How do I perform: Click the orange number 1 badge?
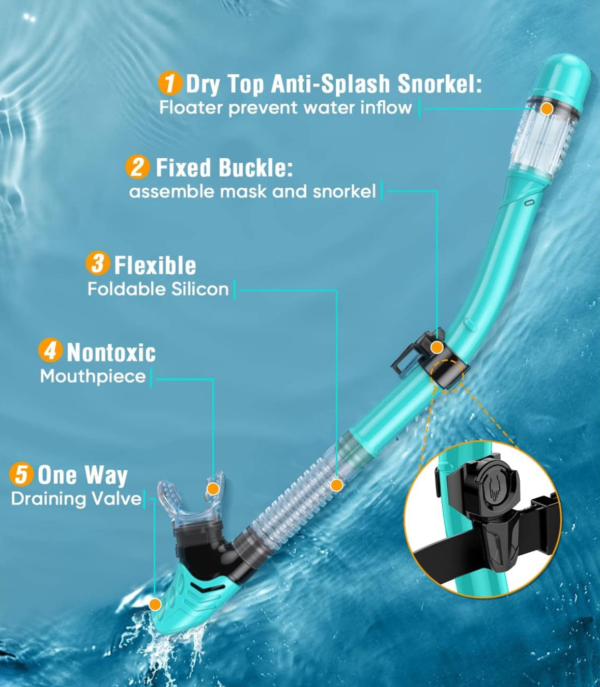(x=170, y=82)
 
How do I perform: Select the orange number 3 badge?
(x=98, y=264)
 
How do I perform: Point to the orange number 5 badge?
(x=21, y=474)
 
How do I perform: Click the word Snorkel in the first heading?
(x=440, y=83)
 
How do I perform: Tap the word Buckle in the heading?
(x=256, y=167)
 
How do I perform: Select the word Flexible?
(x=155, y=265)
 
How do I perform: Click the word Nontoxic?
(x=111, y=353)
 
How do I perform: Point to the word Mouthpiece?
(x=93, y=377)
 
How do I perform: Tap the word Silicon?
(x=200, y=289)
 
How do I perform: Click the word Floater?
(x=191, y=108)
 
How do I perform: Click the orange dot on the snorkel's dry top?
(x=547, y=108)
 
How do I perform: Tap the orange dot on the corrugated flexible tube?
(x=337, y=485)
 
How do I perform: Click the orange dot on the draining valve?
(x=155, y=605)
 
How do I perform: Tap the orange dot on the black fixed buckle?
(x=437, y=348)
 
